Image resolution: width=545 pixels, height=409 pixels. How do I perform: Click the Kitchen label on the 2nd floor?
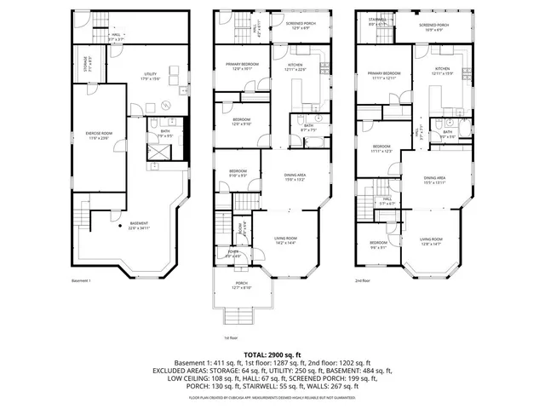pyautogui.click(x=442, y=70)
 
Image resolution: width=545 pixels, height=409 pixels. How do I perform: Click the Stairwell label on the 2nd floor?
pyautogui.click(x=378, y=22)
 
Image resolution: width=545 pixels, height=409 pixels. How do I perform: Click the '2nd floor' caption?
pyautogui.click(x=364, y=279)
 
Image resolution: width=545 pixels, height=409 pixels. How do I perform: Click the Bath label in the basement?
pyautogui.click(x=165, y=134)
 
